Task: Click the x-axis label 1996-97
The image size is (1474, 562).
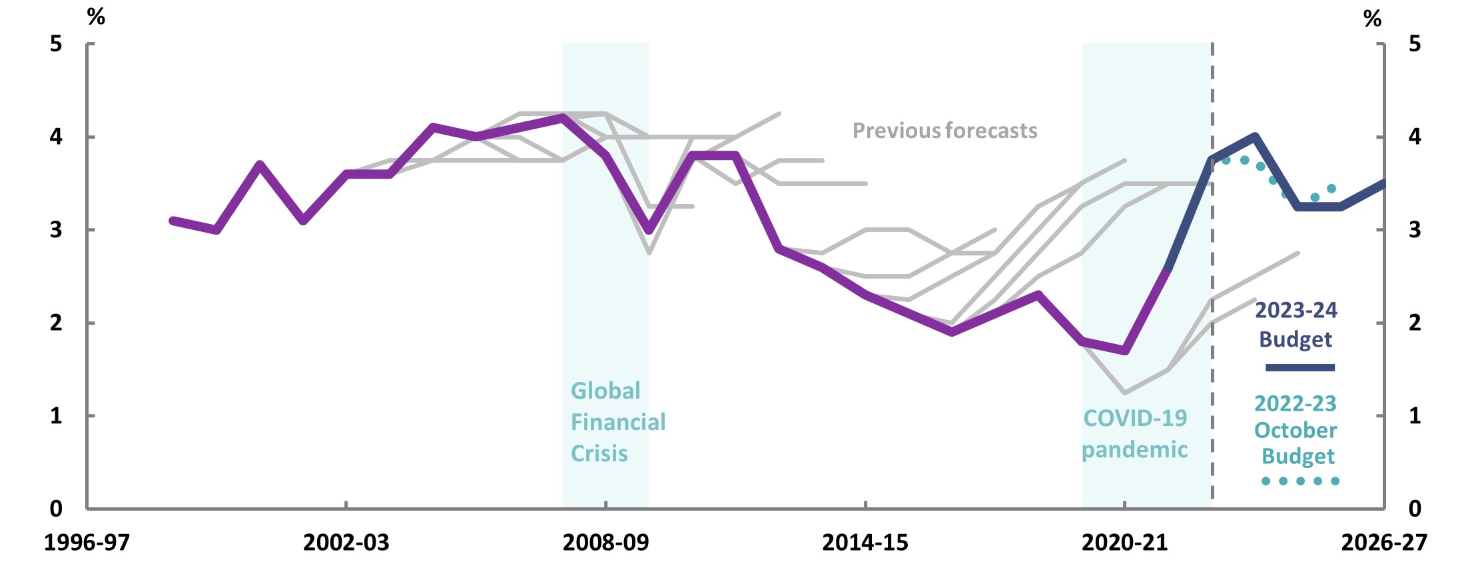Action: [x=87, y=543]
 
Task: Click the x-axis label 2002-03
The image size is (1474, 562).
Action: [x=346, y=543]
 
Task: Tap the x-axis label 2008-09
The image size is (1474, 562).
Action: [x=605, y=543]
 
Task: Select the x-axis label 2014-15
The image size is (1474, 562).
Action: [x=865, y=543]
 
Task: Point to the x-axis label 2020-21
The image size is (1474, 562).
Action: [x=1124, y=543]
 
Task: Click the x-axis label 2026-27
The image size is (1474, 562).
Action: [x=1383, y=543]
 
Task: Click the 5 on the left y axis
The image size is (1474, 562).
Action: [x=56, y=44]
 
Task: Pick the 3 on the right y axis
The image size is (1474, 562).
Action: [x=1415, y=230]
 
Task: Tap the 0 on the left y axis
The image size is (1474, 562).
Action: [x=56, y=509]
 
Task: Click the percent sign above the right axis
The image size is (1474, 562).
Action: [x=1372, y=18]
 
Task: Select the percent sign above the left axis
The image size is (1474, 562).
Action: [x=96, y=17]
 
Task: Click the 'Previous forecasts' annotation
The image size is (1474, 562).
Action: [x=944, y=131]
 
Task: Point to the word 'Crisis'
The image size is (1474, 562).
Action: [x=599, y=453]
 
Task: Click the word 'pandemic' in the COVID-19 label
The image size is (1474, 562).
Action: [x=1134, y=450]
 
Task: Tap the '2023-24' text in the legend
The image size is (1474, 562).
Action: [x=1295, y=310]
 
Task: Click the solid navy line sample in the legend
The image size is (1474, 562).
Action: [x=1299, y=367]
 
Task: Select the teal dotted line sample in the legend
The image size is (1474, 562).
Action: [x=1299, y=481]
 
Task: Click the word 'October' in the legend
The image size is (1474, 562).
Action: [x=1295, y=431]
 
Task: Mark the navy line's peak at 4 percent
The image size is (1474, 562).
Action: [x=1255, y=137]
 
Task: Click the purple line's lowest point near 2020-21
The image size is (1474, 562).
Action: [x=1125, y=350]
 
